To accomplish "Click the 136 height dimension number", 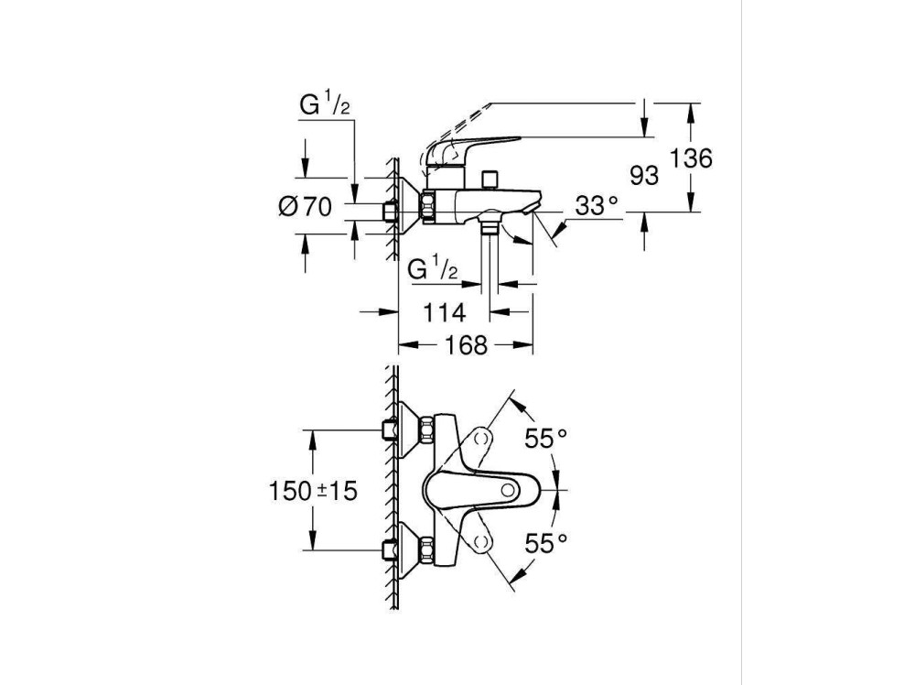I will pyautogui.click(x=691, y=158).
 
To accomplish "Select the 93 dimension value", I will pyautogui.click(x=644, y=175).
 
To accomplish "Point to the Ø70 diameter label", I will pyautogui.click(x=305, y=207).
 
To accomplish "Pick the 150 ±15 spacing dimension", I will pyautogui.click(x=313, y=491).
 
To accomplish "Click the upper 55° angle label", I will pyautogui.click(x=546, y=440).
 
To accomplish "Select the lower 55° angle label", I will pyautogui.click(x=546, y=543).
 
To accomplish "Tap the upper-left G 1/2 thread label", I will pyautogui.click(x=325, y=105).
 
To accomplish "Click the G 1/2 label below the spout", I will pyautogui.click(x=433, y=269).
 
